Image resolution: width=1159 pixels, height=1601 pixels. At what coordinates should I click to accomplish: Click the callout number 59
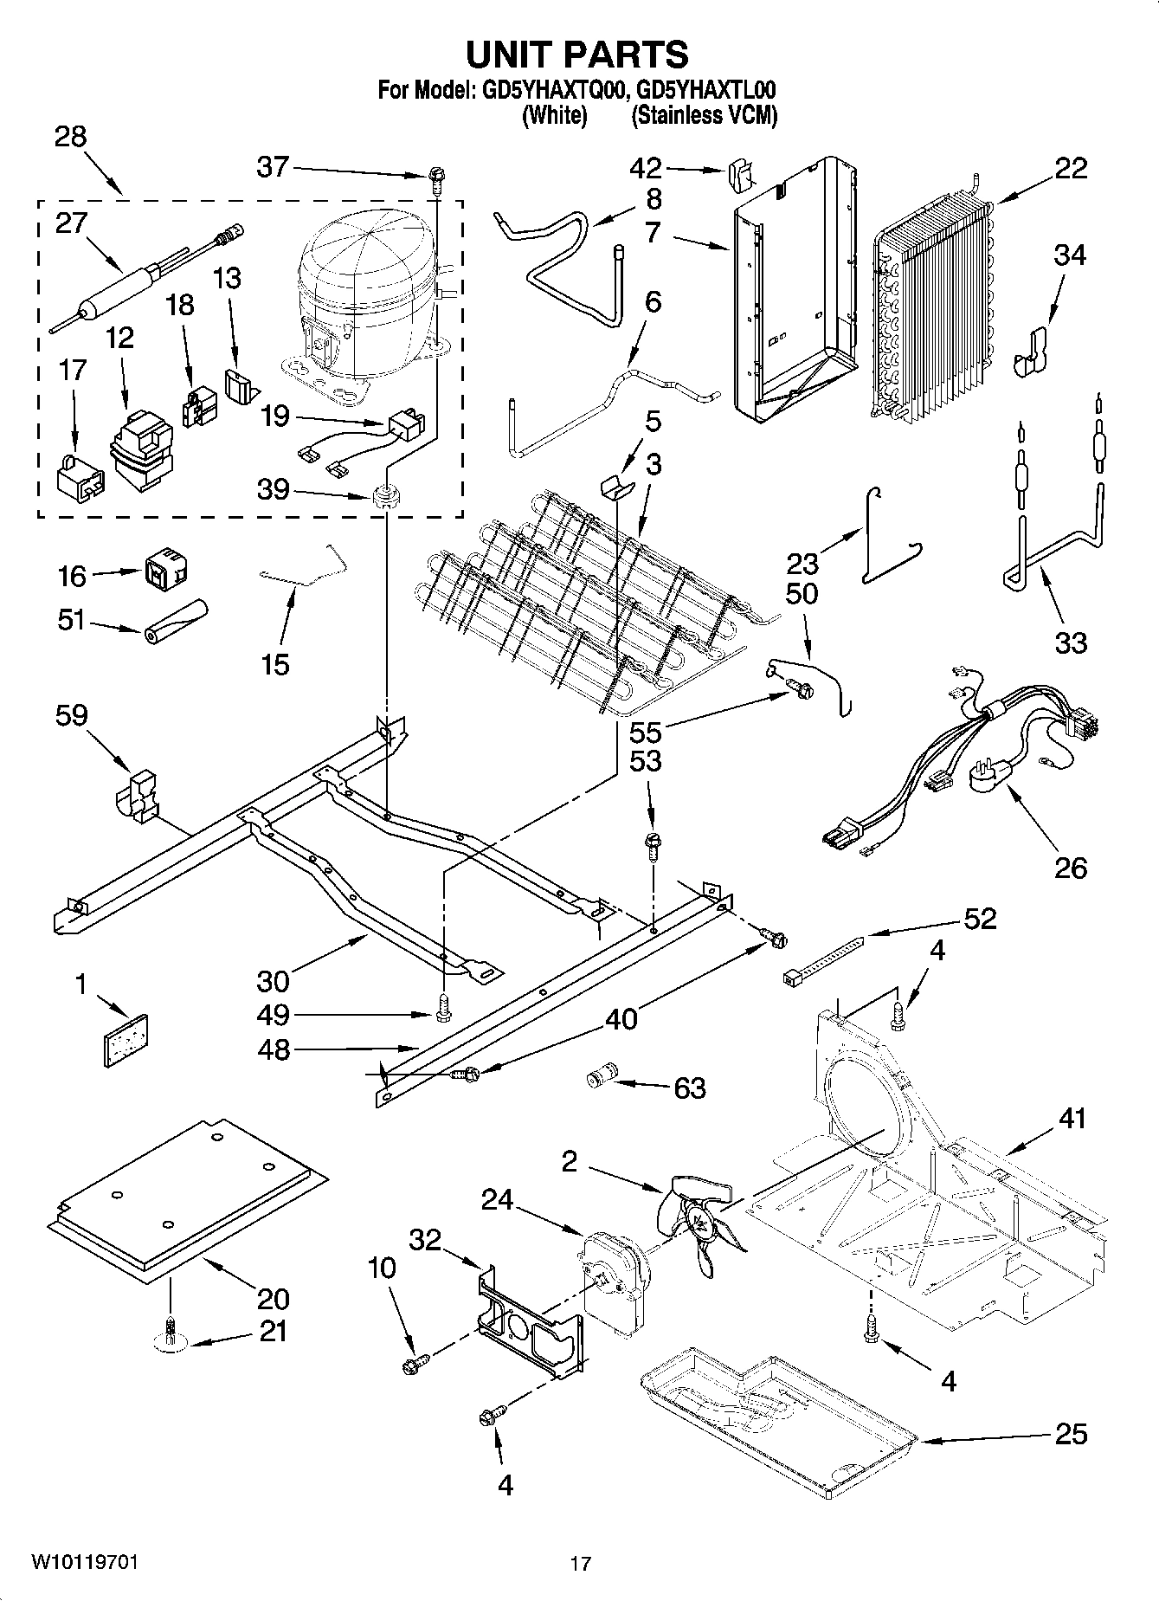click(71, 715)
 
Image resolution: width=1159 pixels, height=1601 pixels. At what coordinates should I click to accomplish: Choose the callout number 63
click(690, 1088)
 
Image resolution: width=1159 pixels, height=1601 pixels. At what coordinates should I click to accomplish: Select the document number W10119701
click(84, 1562)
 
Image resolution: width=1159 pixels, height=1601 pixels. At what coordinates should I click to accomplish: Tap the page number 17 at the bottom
click(580, 1564)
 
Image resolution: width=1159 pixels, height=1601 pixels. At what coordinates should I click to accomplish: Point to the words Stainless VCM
click(704, 115)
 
